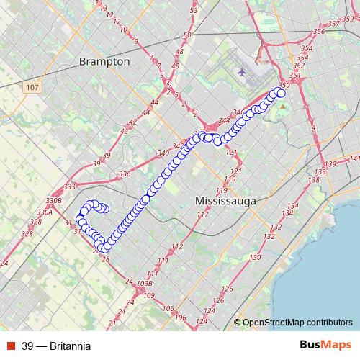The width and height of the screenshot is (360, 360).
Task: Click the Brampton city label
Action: tap(105, 61)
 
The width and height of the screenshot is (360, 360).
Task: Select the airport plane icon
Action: tap(241, 72)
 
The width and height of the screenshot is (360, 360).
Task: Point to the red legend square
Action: tap(11, 346)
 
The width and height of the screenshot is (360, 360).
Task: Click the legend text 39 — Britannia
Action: tap(56, 346)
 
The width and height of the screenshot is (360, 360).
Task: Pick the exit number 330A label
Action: tap(45, 212)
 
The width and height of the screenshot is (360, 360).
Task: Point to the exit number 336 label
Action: tap(125, 174)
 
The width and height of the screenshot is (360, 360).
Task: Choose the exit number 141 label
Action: tap(353, 158)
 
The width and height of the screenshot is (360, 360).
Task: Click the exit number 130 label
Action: tap(254, 258)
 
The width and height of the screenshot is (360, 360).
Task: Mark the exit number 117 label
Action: tap(202, 215)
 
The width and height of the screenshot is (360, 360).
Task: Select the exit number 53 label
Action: tap(193, 11)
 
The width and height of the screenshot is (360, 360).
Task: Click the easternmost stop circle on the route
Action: tap(281, 92)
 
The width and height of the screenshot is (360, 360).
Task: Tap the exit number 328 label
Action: tap(27, 234)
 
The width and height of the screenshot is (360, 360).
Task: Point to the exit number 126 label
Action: tap(228, 289)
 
